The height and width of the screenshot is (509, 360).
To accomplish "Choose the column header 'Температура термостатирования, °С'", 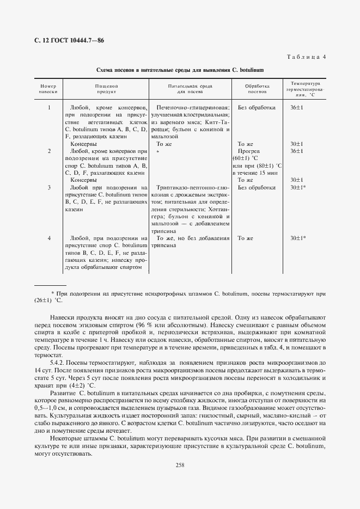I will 304,89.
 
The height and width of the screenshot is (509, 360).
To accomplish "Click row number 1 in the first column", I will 49,108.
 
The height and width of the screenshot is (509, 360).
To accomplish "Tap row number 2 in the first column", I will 49,151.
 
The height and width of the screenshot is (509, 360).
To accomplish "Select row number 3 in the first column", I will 49,187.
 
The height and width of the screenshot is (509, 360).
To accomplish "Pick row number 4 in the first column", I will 49,238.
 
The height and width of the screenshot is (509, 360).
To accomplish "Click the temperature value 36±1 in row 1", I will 297,108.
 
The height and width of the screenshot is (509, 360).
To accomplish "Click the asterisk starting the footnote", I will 52,293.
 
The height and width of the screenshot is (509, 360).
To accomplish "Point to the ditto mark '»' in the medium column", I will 157,151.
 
